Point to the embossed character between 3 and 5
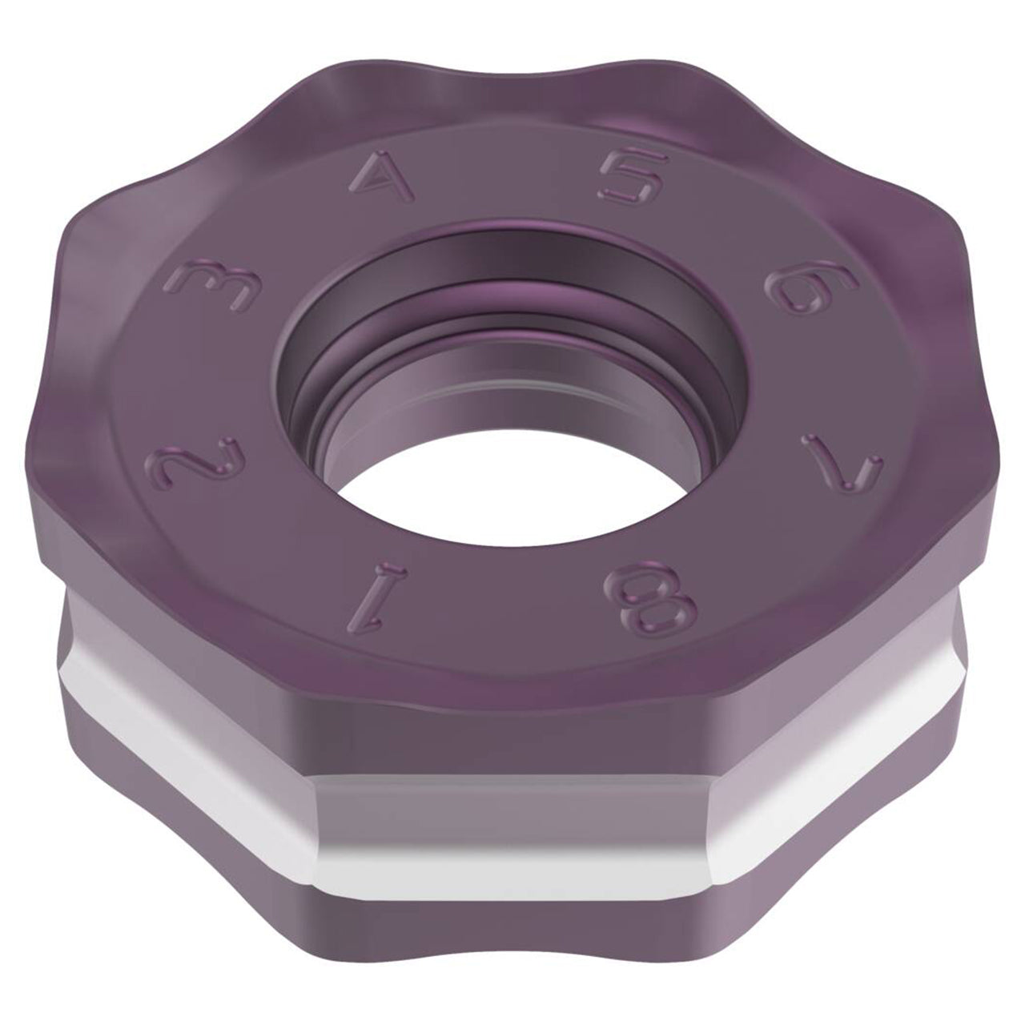click(381, 176)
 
